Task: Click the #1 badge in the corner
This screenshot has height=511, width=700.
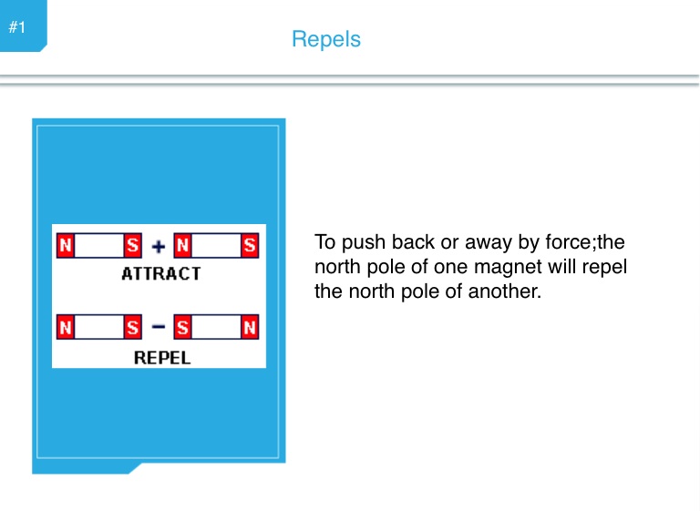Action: point(17,27)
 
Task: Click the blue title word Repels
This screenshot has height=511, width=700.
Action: point(326,39)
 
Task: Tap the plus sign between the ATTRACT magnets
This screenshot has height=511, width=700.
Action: point(159,246)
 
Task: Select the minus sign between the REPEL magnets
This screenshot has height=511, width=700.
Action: point(159,327)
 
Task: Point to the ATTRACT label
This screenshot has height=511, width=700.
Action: point(161,273)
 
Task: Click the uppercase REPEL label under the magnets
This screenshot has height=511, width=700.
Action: point(162,357)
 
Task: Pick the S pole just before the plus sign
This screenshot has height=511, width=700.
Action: point(132,245)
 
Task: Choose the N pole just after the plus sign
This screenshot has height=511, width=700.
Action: point(182,245)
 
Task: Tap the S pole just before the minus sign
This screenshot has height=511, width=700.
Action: point(132,327)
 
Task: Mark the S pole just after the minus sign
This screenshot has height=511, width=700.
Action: point(182,327)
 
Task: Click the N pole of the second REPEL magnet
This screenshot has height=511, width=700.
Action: point(250,327)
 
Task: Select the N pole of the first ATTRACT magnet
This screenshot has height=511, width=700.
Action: point(66,245)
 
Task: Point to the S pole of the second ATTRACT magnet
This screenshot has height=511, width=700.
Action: point(250,245)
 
